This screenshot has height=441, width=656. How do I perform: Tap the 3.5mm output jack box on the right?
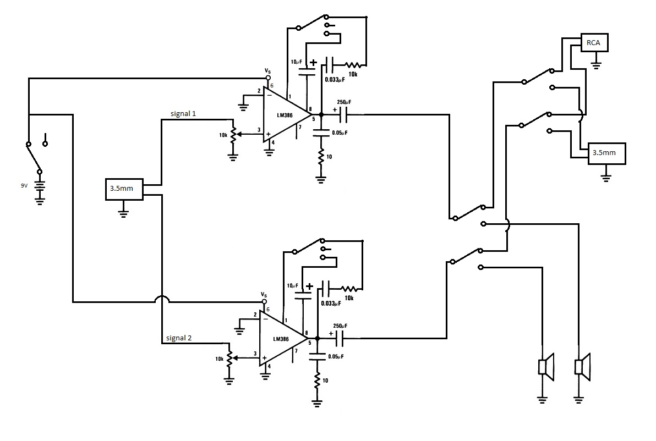(607, 153)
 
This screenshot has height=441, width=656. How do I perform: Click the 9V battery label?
(24, 186)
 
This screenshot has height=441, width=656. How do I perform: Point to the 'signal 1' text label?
(187, 113)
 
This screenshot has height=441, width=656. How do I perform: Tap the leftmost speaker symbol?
(546, 366)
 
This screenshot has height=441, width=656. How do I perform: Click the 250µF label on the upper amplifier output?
(345, 102)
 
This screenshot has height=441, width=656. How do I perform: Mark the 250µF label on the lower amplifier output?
(340, 326)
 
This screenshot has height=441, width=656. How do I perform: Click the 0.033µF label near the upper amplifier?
(336, 79)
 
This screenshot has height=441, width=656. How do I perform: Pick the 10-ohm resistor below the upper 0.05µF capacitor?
(321, 158)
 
